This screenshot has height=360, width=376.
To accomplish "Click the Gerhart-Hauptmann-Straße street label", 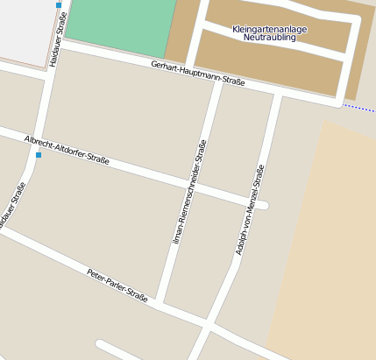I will coord(197,74).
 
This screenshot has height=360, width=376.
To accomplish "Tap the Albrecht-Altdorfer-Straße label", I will coord(67,150).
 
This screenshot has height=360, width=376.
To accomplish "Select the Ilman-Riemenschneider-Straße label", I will coord(189,191).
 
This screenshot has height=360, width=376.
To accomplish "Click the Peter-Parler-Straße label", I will coord(117,284).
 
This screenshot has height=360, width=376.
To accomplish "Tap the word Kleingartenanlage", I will coord(270,29).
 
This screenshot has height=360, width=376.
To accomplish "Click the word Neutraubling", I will coord(270,38).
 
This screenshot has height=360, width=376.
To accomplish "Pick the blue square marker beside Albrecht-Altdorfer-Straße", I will coord(39,155).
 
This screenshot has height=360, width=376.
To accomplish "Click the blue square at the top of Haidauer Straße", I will coord(59,5).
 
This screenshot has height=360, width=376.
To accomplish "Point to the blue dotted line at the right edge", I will coord(359,108).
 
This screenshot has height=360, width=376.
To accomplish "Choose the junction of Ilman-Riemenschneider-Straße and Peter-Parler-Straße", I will coord(164,307).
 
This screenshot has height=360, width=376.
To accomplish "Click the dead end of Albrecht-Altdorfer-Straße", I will coord(264,206).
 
